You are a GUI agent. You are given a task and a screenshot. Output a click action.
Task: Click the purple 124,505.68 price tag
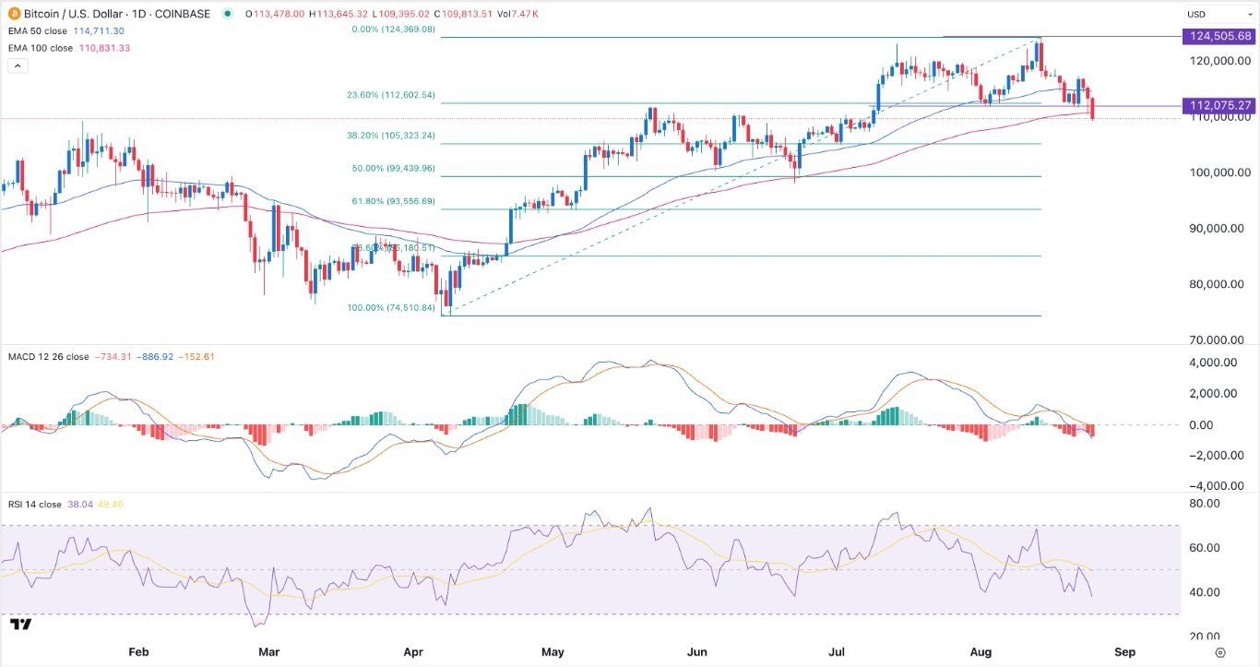(1219, 36)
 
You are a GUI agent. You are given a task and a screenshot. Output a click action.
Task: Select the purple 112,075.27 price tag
(1219, 105)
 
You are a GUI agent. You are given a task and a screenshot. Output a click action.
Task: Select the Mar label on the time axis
(268, 651)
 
